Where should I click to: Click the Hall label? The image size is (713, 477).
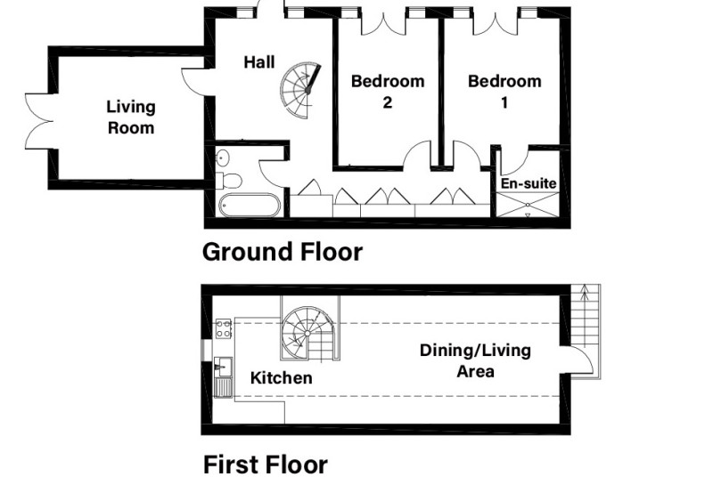pos(259,62)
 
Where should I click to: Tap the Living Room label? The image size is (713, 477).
pos(131,117)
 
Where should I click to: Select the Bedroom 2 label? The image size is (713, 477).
pos(388,92)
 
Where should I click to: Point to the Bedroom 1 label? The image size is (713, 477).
pos(504,92)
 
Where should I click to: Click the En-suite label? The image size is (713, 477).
pos(529,183)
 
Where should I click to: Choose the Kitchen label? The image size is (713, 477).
pos(281,377)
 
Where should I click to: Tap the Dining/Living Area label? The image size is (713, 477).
pos(475,360)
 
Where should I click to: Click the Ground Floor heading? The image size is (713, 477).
pos(282,252)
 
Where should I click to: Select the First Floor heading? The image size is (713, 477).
pos(265,465)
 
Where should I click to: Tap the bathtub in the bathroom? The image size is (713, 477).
pos(250,206)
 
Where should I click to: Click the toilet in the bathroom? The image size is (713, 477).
pos(228,180)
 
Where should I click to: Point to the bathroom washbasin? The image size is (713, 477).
pos(222,158)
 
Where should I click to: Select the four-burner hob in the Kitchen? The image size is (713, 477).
pos(224,328)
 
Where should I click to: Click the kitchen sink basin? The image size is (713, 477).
pos(224,367)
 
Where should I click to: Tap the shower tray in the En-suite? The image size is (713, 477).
pos(528,205)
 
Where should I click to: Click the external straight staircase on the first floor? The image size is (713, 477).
pos(586,331)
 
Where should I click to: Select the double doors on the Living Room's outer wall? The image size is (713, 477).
pos(39,121)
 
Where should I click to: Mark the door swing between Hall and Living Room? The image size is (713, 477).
pos(193,82)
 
